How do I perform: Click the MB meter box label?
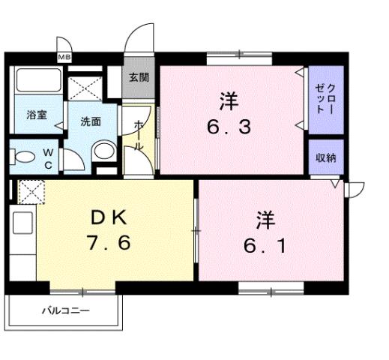pos(65,57)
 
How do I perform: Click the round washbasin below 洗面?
pos(101,153)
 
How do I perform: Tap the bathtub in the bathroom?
pos(37,83)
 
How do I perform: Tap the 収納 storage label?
pos(325,157)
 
